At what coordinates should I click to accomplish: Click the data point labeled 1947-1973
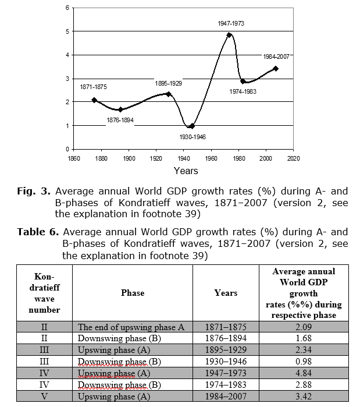click(229, 35)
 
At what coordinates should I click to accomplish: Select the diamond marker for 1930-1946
click(192, 126)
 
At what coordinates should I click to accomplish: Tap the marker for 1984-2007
click(276, 69)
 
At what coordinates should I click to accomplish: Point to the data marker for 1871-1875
click(94, 100)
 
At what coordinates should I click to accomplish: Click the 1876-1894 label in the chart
click(120, 120)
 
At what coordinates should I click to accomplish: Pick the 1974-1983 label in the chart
click(243, 91)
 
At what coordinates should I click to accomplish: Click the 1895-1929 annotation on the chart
click(169, 84)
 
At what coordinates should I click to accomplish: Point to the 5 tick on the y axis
click(67, 31)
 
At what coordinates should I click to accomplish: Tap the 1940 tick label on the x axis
click(184, 158)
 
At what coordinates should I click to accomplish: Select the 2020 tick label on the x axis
click(293, 158)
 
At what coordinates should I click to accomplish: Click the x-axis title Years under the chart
click(186, 171)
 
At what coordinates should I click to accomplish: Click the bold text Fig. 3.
click(34, 191)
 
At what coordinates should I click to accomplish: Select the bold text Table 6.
click(38, 232)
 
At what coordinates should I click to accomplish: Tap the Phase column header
click(133, 293)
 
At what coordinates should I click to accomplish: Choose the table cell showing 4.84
click(304, 373)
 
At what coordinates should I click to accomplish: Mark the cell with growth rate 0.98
click(304, 362)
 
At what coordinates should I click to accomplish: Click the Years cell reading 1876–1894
click(226, 338)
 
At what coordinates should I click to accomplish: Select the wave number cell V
click(44, 397)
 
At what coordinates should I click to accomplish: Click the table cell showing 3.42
click(304, 397)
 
